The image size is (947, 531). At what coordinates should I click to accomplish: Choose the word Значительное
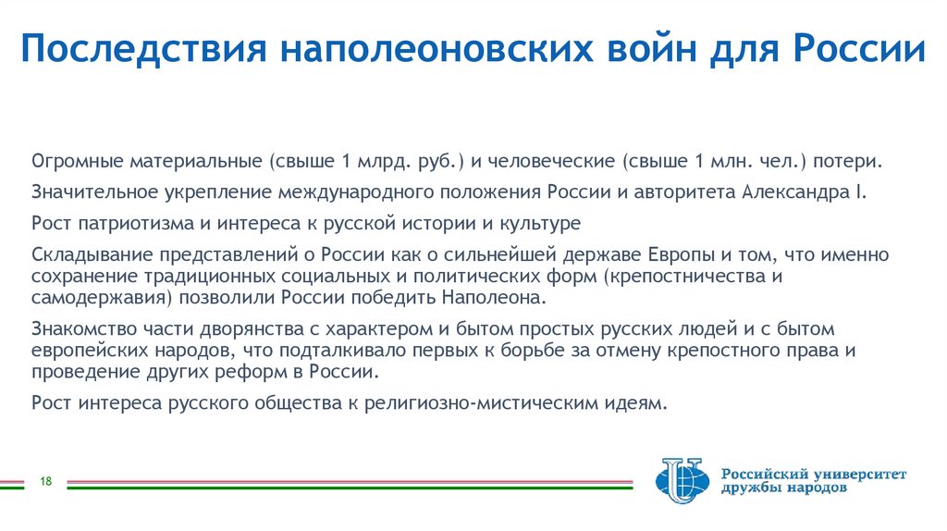[89, 191]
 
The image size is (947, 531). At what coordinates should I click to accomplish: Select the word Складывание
[84, 254]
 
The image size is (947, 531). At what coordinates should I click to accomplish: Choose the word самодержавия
[92, 299]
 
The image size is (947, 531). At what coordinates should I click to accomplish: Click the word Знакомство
[80, 328]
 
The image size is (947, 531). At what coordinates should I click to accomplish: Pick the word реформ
[257, 372]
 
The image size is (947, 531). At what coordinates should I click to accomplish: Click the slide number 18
[44, 480]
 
